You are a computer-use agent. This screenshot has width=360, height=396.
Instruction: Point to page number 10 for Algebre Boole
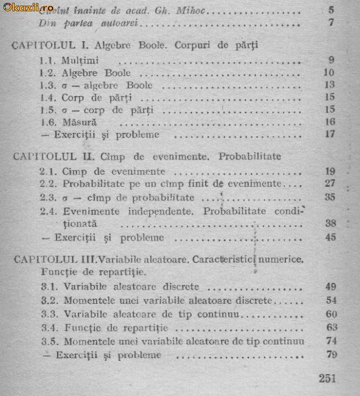(x=329, y=73)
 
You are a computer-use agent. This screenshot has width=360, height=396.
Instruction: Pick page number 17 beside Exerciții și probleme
(x=330, y=135)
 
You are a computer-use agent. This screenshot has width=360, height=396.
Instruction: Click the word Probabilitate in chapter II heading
(x=250, y=155)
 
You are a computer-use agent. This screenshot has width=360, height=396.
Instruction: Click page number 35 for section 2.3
(x=330, y=197)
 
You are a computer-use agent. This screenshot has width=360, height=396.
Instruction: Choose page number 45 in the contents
(x=331, y=237)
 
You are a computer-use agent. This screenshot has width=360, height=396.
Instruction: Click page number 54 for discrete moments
(x=331, y=300)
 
